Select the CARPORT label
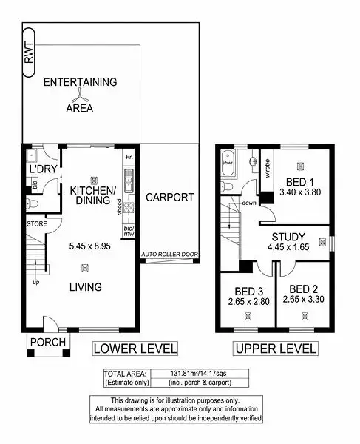click(169, 198)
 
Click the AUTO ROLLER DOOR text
click(169, 254)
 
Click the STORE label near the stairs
click(36, 223)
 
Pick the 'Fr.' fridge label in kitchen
click(129, 158)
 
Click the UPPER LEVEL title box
click(275, 348)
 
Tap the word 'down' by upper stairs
click(249, 203)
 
